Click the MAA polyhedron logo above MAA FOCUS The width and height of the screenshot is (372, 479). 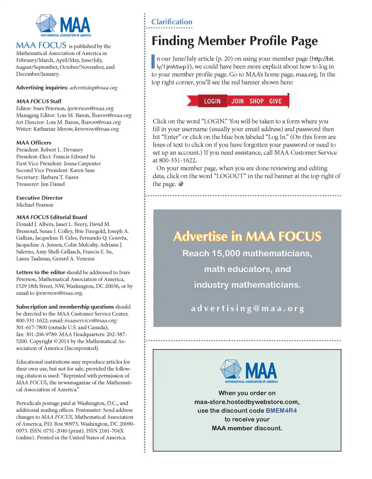pos(46,24)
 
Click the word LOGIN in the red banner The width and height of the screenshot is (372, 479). pos(212,102)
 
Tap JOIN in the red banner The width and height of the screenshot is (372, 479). pos(238,102)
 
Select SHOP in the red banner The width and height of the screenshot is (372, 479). pos(256,102)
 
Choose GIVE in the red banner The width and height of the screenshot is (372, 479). pos(275,102)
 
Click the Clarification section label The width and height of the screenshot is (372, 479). pos(172,22)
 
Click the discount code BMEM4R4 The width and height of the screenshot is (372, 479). pos(281,410)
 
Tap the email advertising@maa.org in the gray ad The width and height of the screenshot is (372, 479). pos(247,308)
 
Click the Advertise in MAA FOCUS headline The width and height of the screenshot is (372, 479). pos(247,236)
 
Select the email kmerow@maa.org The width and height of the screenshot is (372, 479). pos(97,129)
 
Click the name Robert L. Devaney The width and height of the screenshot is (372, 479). pos(62,150)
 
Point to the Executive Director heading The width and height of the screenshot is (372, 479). pos(40,198)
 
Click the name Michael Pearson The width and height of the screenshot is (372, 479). pos(35,205)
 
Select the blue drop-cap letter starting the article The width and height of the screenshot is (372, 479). pos(153,61)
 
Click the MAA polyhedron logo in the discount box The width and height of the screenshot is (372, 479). pos(231,369)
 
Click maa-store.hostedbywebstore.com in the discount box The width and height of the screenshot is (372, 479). pos(247,402)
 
